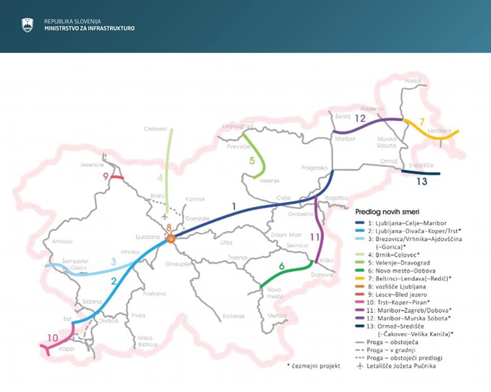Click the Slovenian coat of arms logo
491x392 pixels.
coord(27,25)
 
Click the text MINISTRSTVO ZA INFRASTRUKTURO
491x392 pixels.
coord(89,28)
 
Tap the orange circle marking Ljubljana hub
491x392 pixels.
coord(170,238)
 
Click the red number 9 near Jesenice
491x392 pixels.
coord(106,176)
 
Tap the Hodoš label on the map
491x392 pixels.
coord(412,81)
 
